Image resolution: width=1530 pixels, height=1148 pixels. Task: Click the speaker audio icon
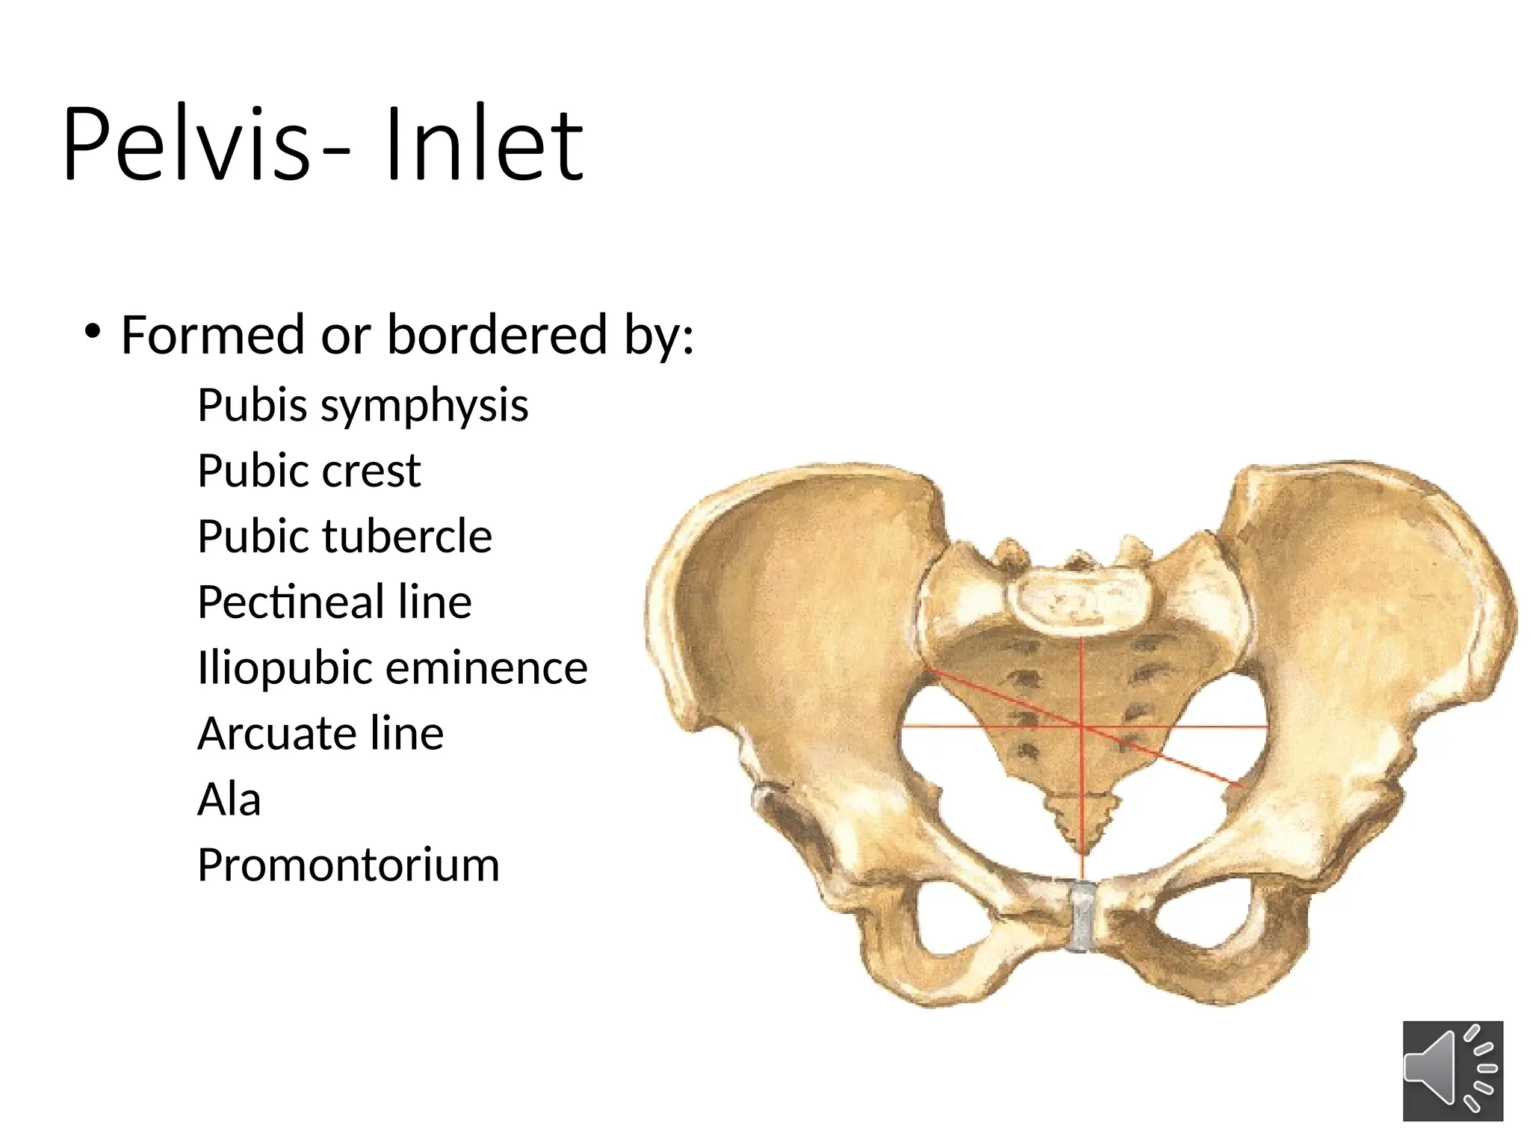coord(1452,1070)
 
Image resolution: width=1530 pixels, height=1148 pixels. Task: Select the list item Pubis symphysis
coord(362,406)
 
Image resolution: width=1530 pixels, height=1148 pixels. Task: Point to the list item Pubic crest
coord(309,471)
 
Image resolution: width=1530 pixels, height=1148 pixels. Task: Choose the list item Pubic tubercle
coord(344,537)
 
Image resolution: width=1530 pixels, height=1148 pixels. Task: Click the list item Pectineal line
coord(334,602)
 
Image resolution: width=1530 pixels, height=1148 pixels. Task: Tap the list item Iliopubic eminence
coord(392,667)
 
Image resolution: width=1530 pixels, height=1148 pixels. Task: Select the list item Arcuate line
coord(320,733)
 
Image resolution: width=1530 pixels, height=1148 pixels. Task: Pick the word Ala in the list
coord(229,799)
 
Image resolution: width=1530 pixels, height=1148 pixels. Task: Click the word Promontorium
coord(348,865)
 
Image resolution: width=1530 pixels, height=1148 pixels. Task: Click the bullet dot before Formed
coord(92,331)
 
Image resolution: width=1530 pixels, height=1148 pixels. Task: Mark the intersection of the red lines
coord(1083,725)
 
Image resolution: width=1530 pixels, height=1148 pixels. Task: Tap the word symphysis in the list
coord(424,406)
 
